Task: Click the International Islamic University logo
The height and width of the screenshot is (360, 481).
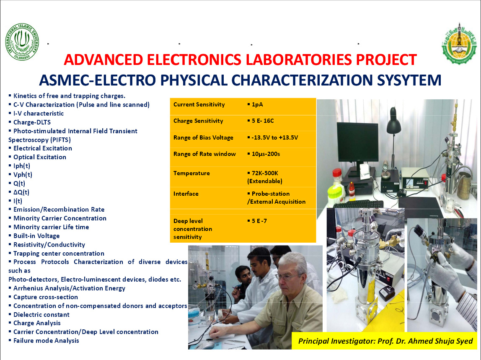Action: click(x=22, y=42)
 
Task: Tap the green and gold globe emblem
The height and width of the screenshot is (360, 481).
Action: click(x=459, y=44)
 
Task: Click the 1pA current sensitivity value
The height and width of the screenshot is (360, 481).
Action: click(x=257, y=104)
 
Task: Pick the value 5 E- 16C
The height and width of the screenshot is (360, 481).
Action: click(x=263, y=121)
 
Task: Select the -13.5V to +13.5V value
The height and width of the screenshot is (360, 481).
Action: click(x=274, y=137)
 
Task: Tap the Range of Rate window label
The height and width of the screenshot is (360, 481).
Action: click(x=204, y=154)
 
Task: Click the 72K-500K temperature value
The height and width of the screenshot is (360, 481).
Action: click(x=265, y=173)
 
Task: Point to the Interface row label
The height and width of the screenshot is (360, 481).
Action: click(x=186, y=194)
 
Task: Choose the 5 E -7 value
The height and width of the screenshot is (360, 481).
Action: click(x=259, y=221)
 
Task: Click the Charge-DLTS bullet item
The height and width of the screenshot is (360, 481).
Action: click(x=32, y=122)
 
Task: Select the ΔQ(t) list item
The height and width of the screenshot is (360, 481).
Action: click(x=21, y=192)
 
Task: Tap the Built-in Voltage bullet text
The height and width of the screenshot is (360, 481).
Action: click(x=36, y=236)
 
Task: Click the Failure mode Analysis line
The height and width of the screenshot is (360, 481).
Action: click(x=46, y=340)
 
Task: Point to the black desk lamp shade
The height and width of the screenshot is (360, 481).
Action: click(x=393, y=126)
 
